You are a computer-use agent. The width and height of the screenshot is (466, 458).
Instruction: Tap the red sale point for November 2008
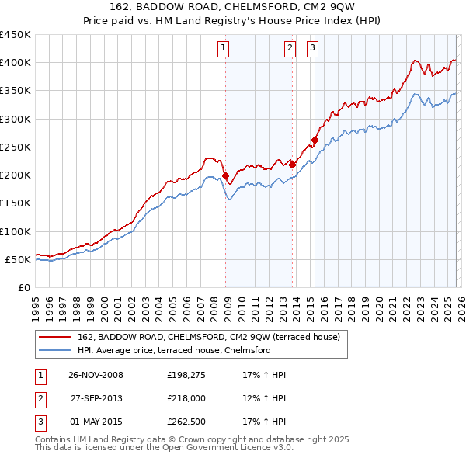click(225, 176)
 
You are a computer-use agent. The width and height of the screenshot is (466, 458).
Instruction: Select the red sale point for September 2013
click(292, 165)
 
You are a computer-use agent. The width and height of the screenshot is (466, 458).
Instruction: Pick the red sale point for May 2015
click(315, 141)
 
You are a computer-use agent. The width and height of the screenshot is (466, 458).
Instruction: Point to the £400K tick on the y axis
click(16, 63)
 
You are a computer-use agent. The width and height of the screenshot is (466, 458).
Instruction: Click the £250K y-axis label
click(16, 147)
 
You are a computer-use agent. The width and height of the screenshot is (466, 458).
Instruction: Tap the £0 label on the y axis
click(23, 287)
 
